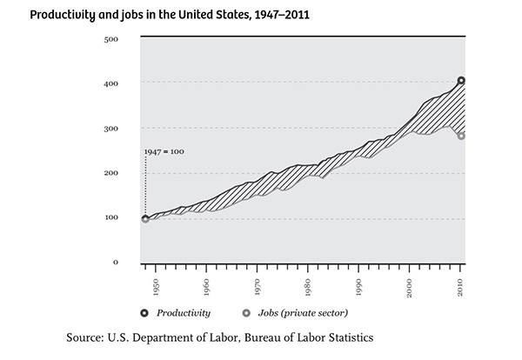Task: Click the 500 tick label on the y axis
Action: [110, 39]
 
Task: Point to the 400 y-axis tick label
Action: [110, 83]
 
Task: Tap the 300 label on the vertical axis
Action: [110, 128]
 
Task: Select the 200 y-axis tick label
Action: [110, 172]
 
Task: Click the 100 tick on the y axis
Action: [110, 217]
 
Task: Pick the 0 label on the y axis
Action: [115, 262]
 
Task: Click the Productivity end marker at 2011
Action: [461, 81]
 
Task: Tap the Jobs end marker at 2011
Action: [461, 136]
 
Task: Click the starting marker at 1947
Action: [145, 219]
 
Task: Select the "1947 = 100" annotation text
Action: [164, 151]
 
